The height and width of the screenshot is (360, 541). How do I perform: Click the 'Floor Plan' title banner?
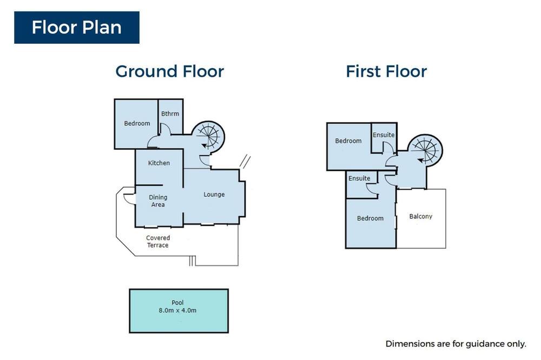pos(77,28)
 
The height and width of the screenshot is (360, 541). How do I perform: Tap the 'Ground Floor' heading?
pos(170,71)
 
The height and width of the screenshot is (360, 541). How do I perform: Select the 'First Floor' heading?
pos(386,71)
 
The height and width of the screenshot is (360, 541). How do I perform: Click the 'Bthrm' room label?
pos(170,114)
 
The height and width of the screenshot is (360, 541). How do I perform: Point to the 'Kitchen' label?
pos(159,163)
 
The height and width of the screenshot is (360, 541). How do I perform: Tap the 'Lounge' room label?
pos(214,195)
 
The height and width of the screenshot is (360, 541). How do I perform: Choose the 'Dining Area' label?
pos(158,201)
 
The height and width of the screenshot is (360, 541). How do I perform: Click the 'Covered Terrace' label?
pos(158,242)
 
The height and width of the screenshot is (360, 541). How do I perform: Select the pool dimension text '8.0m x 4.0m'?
pos(177,310)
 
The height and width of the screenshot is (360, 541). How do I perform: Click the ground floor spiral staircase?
pos(208,136)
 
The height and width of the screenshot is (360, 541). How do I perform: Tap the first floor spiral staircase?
pos(425,150)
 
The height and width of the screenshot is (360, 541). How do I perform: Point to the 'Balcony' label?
pos(420,217)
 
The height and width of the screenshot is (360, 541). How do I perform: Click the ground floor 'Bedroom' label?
pos(137,123)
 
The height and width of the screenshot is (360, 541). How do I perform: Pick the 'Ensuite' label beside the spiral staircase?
pos(384,135)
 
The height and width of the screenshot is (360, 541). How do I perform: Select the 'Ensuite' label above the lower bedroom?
pos(359,178)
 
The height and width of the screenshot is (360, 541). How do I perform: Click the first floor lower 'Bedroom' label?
pos(370,218)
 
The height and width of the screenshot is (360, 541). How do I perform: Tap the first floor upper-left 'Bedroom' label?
pos(348,141)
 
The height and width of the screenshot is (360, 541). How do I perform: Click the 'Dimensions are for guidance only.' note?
pos(456,344)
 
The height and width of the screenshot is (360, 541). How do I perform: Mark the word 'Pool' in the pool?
pos(177,303)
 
